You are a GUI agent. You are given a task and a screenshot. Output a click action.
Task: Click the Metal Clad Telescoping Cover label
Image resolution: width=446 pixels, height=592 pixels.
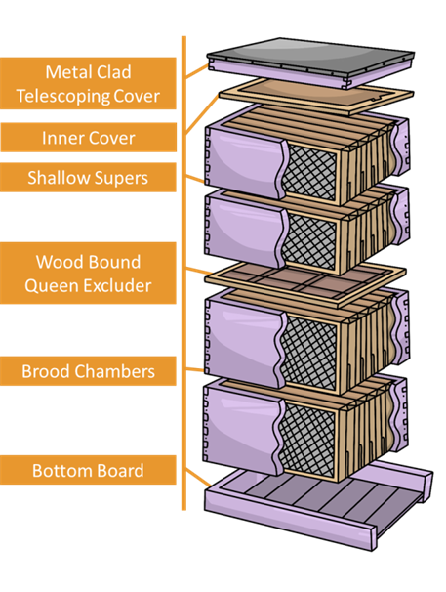pos(88,83)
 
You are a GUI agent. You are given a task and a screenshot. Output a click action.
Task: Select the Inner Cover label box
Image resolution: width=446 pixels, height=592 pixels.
pos(88,138)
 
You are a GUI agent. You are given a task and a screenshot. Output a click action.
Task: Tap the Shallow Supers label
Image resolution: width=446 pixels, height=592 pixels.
pos(88,178)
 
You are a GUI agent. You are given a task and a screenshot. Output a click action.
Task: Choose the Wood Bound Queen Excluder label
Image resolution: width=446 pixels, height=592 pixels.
pos(88,273)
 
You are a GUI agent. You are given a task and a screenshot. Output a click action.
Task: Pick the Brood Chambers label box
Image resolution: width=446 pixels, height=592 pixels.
pos(88,371)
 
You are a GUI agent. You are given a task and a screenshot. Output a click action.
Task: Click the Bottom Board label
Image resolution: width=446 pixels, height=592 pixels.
pos(88,470)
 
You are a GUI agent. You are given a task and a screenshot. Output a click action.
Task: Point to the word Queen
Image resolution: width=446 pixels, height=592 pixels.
pos(52,285)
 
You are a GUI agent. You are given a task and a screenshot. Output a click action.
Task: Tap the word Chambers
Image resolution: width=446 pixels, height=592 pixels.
pos(114,371)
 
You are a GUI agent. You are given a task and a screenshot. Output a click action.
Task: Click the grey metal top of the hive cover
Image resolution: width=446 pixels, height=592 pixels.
pos(310,56)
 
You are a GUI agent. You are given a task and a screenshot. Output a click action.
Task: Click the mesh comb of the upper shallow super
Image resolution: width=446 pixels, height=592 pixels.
pos(309,171)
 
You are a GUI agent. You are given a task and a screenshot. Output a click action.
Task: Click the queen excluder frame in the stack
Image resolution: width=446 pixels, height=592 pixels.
pos(304,283)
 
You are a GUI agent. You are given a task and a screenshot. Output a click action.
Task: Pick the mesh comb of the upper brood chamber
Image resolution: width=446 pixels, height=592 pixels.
pos(308,353)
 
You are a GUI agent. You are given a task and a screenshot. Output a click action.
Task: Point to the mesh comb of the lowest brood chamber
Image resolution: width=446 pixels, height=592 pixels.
pos(307,438)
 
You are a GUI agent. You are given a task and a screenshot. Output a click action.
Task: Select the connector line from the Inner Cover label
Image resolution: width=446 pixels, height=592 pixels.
pos(202,113)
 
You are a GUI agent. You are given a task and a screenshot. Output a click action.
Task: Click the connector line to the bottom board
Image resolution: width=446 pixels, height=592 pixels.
pos(198,478)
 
